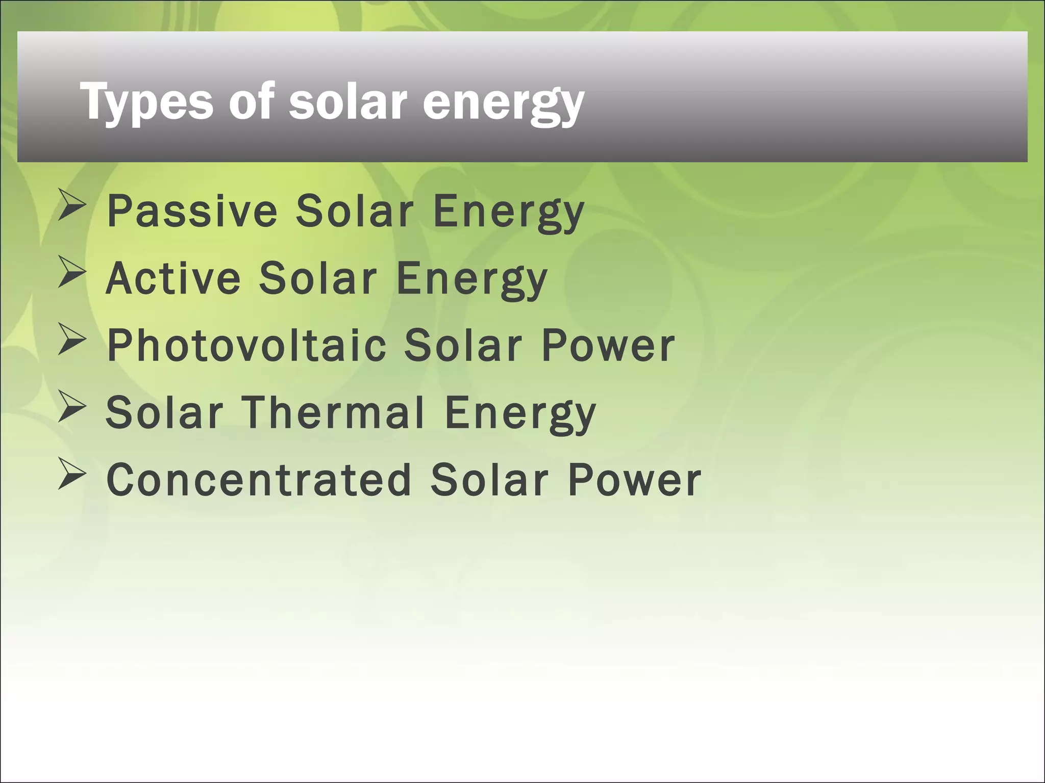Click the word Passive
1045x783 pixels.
[x=192, y=211]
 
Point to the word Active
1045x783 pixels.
[x=173, y=278]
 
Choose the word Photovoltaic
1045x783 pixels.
[x=247, y=346]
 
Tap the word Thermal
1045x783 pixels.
[x=333, y=412]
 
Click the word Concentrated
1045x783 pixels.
[x=259, y=480]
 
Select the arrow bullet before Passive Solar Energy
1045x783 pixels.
[x=70, y=205]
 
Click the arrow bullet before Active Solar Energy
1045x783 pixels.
[x=70, y=273]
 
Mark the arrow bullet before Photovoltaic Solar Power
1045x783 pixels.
[x=70, y=340]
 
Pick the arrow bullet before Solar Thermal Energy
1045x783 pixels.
[x=70, y=407]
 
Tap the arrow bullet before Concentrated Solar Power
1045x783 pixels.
[x=70, y=474]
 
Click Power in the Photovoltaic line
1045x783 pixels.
[x=608, y=346]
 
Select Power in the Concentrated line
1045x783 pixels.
[x=635, y=480]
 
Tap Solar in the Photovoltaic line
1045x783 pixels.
[x=463, y=346]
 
